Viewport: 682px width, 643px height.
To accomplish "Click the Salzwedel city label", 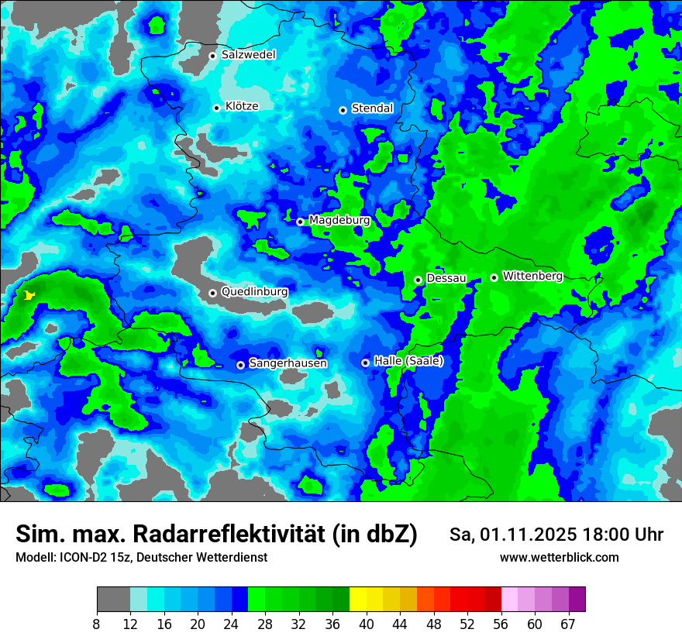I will [248, 55].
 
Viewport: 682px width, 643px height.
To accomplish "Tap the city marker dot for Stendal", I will [343, 110].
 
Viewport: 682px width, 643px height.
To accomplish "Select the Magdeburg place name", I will [339, 221].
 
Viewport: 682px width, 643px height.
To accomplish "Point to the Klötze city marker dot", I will [217, 108].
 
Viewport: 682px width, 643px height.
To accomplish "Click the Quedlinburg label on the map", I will [254, 292].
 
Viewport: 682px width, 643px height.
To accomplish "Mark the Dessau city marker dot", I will [418, 280].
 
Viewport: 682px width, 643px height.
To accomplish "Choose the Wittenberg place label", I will [532, 276].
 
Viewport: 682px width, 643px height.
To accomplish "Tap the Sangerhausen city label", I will [288, 363].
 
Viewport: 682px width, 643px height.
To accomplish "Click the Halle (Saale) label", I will [408, 361].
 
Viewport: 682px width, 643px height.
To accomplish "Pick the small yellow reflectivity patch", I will [29, 295].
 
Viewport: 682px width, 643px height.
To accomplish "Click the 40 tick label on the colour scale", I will [367, 624].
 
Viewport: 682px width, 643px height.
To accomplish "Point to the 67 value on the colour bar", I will [568, 624].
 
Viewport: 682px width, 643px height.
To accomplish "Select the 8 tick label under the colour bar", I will [97, 624].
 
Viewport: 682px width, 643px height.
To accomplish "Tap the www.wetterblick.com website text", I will [559, 558].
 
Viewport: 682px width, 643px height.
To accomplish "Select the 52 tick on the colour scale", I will [467, 624].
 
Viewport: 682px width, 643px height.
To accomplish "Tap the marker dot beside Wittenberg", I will [494, 277].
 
